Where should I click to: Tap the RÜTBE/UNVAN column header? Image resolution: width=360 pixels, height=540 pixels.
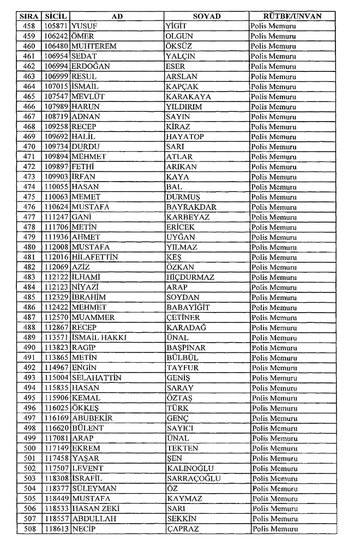pyautogui.click(x=292, y=16)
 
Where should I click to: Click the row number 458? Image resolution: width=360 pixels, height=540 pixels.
pyautogui.click(x=29, y=26)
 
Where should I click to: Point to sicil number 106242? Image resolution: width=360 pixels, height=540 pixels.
pyautogui.click(x=56, y=36)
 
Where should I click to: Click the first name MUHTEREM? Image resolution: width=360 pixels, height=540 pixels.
pyautogui.click(x=94, y=46)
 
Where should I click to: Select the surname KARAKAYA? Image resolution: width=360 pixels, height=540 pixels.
pyautogui.click(x=188, y=97)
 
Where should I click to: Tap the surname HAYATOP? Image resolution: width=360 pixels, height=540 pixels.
pyautogui.click(x=184, y=137)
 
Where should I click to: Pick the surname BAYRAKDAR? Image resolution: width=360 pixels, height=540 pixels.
pyautogui.click(x=191, y=207)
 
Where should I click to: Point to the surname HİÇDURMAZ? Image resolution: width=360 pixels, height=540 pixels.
pyautogui.click(x=190, y=278)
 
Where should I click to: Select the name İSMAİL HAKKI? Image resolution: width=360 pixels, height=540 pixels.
pyautogui.click(x=99, y=338)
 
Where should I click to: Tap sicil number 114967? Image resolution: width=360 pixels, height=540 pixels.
pyautogui.click(x=56, y=368)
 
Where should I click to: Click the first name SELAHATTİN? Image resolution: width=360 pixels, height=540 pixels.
pyautogui.click(x=97, y=378)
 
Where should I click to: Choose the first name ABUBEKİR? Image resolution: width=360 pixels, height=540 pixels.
pyautogui.click(x=92, y=418)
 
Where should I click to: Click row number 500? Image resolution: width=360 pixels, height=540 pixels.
pyautogui.click(x=29, y=448)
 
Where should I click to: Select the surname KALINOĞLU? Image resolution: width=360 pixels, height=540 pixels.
pyautogui.click(x=190, y=469)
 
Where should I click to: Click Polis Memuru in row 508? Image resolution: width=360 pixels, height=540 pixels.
pyautogui.click(x=274, y=529)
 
